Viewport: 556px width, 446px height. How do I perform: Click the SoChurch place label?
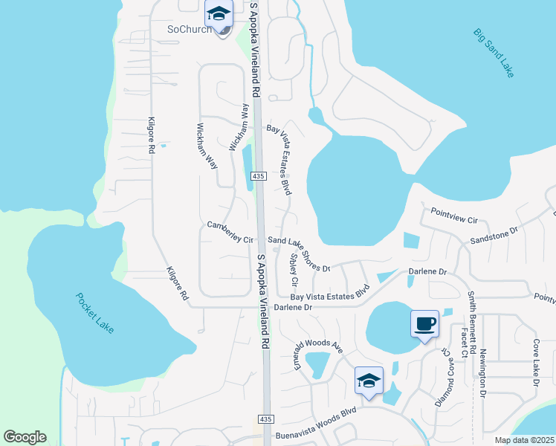click(187, 29)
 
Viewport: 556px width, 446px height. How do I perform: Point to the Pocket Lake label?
click(95, 312)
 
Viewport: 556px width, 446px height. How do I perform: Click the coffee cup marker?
click(424, 324)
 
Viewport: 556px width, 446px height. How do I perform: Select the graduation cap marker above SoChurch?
click(219, 14)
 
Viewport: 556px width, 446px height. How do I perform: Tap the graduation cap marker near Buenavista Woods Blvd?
click(369, 381)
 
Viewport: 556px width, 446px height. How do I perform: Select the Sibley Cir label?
click(294, 271)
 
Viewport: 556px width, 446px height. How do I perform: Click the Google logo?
click(25, 436)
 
